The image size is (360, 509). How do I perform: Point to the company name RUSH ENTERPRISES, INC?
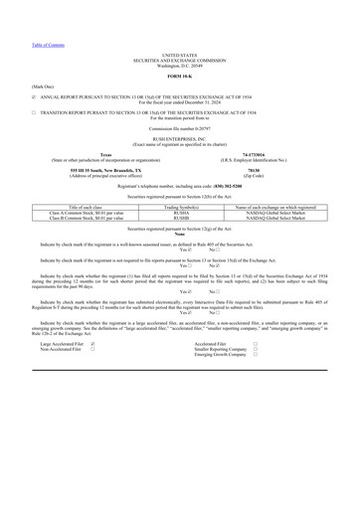[x=179, y=139]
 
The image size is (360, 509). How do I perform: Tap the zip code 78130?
[x=274, y=168]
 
